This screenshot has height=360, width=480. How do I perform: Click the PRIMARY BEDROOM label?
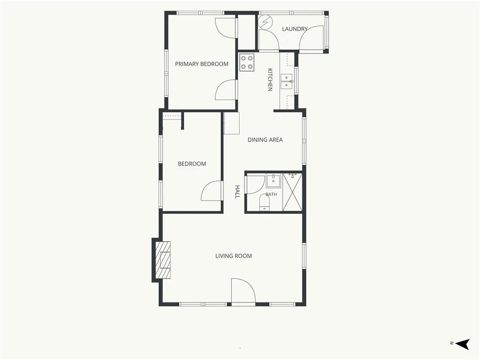click(x=202, y=64)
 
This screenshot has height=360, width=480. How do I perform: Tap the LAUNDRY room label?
click(x=294, y=29)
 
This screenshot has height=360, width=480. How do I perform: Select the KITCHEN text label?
click(x=270, y=80)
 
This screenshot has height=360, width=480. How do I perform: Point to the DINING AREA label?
click(x=265, y=140)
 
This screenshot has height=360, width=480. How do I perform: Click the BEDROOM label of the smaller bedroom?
click(x=192, y=164)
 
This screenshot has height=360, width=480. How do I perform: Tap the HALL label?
click(x=237, y=192)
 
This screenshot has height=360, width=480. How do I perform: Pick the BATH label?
click(x=271, y=195)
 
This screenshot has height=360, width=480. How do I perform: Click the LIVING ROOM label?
click(x=233, y=256)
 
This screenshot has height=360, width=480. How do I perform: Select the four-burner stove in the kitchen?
click(x=247, y=62)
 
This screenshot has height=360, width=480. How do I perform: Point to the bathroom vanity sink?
click(x=273, y=181)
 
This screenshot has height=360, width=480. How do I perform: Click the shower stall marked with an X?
click(x=292, y=192)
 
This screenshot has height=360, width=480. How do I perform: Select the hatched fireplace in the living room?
click(x=162, y=260)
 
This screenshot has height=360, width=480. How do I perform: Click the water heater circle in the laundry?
click(x=265, y=22)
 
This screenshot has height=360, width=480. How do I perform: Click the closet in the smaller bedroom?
click(x=172, y=120)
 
